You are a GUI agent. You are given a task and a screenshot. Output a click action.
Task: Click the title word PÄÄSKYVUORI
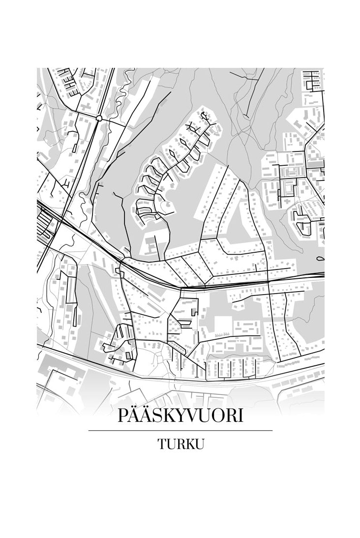tap(180, 416)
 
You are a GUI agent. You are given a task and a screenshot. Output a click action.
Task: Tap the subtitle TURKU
tap(180, 444)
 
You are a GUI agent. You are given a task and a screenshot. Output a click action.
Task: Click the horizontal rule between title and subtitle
tap(180, 431)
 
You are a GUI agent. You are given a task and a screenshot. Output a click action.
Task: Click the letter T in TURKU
tap(162, 444)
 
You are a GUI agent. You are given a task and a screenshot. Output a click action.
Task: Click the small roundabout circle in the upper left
tap(99, 118)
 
